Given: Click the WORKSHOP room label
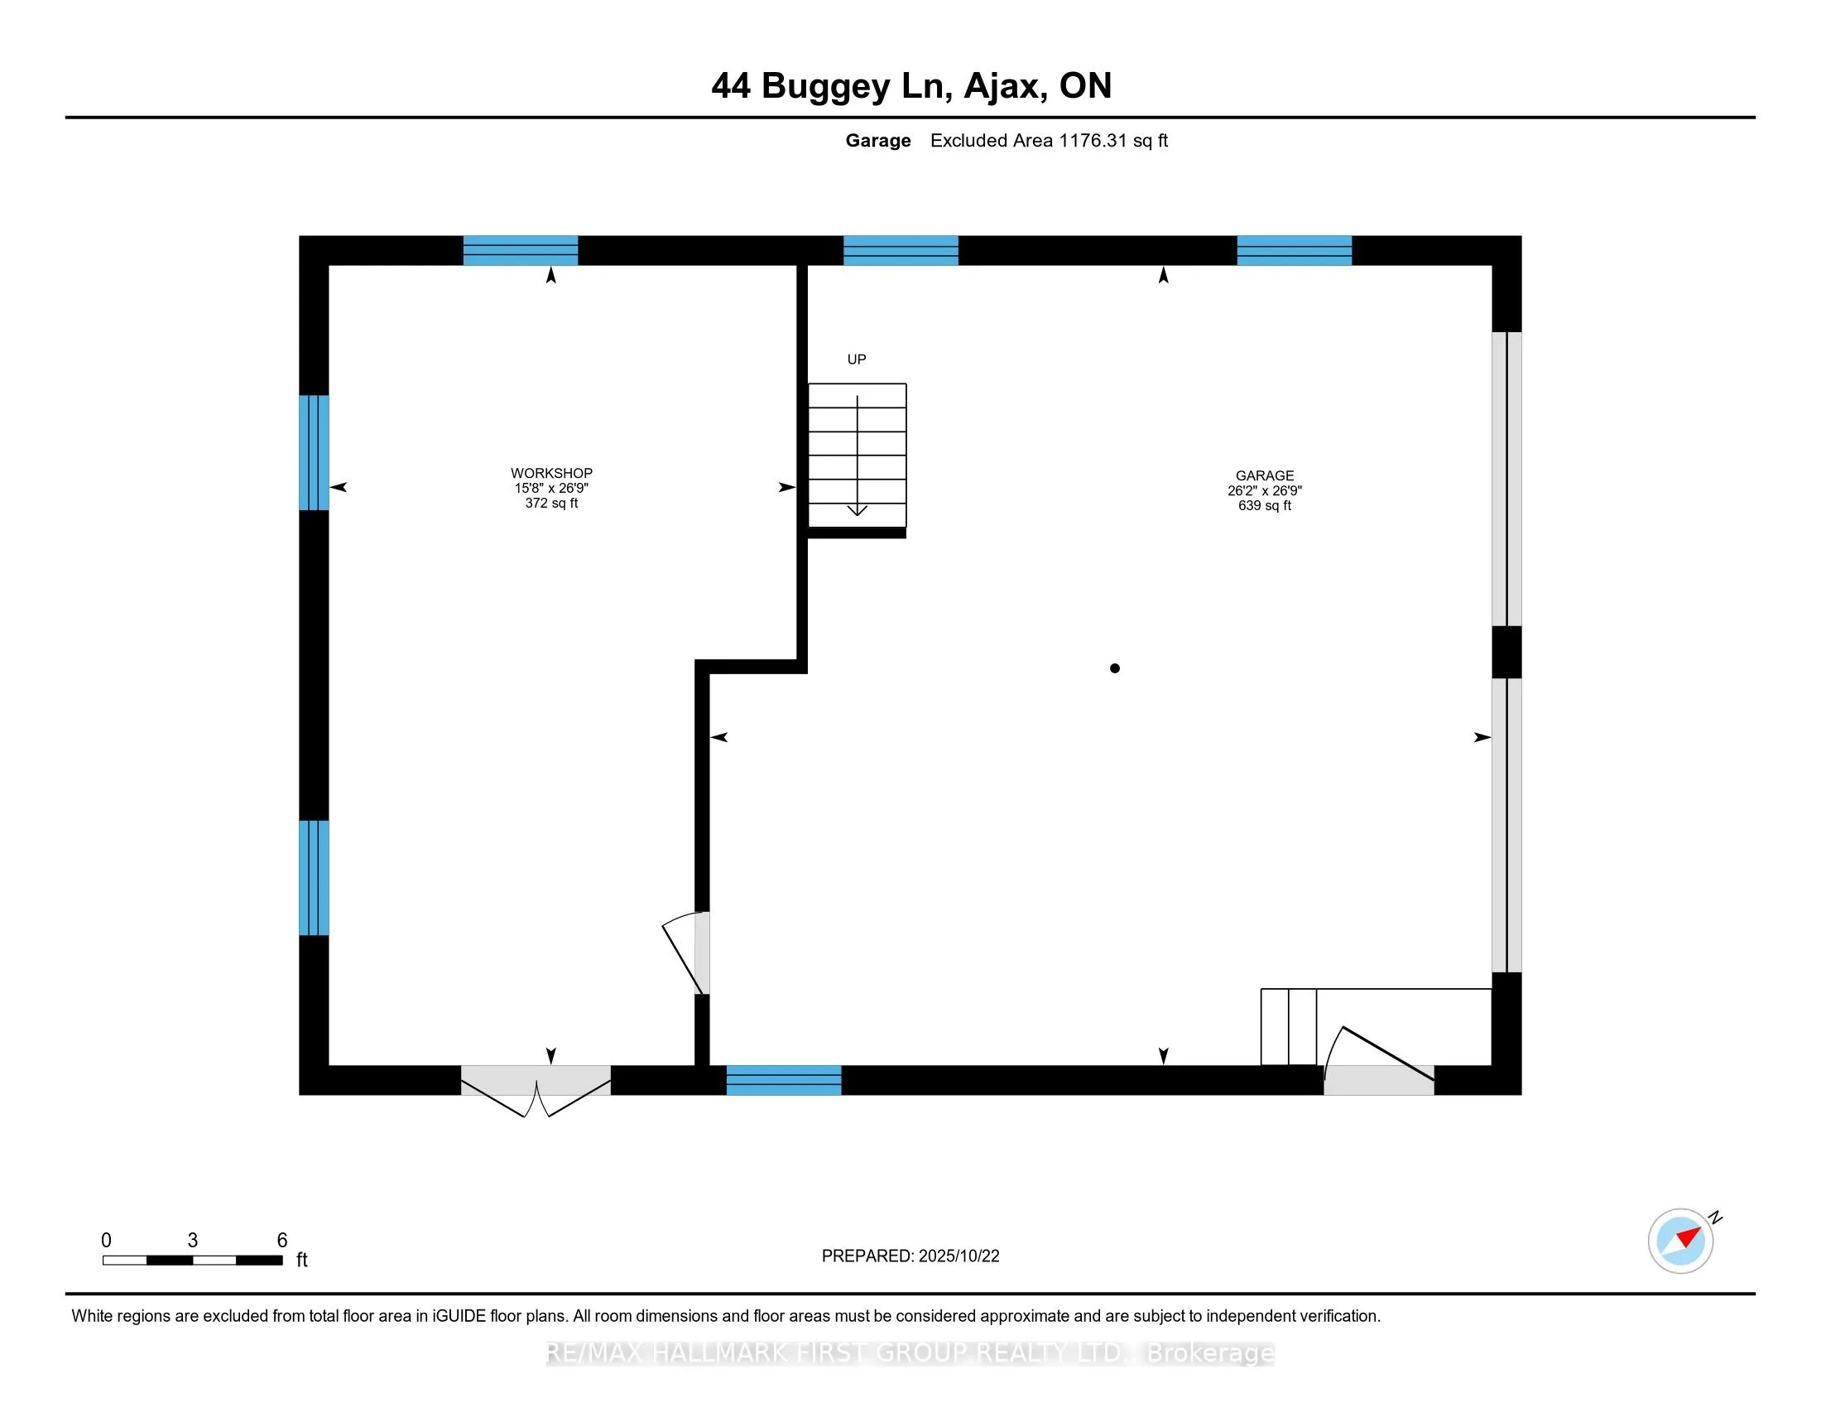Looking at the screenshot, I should (551, 473).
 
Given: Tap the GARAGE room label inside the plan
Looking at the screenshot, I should (1264, 475).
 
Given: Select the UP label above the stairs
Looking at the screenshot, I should (857, 359).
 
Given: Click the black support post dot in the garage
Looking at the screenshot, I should (1115, 668).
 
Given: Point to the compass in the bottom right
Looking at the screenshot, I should (1680, 1241).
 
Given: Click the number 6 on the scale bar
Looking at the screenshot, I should (281, 1241).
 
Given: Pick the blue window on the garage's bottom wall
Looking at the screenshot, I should (784, 1080).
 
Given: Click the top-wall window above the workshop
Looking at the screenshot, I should (521, 250).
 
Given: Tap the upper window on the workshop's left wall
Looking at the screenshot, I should (314, 452).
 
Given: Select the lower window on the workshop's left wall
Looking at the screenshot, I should (314, 877).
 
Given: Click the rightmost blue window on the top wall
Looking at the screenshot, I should (1294, 250).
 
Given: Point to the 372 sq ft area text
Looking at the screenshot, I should (551, 503).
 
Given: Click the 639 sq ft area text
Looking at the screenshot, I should (1264, 505).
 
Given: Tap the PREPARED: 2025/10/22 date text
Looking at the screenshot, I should (910, 1256).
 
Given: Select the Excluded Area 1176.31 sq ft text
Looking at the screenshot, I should (1048, 141).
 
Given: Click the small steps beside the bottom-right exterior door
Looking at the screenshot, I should (1288, 1027).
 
